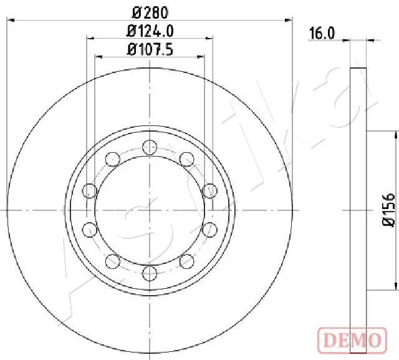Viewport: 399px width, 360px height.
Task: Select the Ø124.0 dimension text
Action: click(x=150, y=29)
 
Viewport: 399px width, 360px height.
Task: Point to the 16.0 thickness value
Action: click(x=322, y=35)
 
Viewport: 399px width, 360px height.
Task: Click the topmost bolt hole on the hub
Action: click(x=148, y=147)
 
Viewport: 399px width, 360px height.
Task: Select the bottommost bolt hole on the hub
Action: click(x=148, y=273)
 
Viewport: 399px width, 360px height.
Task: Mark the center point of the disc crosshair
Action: click(x=149, y=210)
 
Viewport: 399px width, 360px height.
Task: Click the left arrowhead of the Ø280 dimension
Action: click(x=9, y=20)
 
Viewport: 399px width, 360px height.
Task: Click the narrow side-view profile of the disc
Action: click(x=357, y=210)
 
